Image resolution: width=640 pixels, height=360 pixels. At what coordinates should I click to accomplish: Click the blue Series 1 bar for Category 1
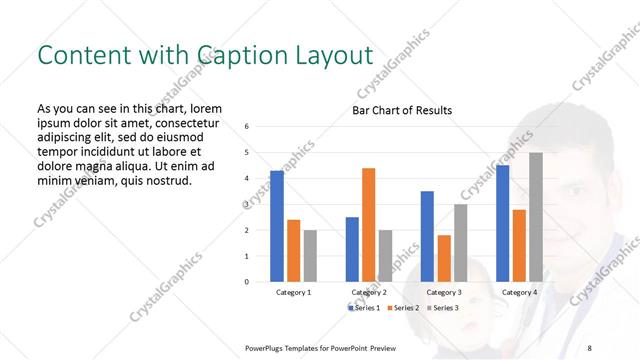click(277, 226)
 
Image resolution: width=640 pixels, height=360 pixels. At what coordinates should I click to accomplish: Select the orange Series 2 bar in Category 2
click(368, 225)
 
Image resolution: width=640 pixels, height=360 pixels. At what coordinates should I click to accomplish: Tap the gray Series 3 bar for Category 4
click(536, 217)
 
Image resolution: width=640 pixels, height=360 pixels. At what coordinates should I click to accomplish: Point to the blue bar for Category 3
click(427, 236)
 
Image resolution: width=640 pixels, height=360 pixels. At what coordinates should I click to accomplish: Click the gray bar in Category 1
click(310, 256)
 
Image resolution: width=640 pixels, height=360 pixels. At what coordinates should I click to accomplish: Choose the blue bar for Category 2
click(352, 249)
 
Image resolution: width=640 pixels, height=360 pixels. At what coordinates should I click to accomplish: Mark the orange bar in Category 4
click(519, 245)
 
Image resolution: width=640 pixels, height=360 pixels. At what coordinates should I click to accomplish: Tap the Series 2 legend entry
click(405, 307)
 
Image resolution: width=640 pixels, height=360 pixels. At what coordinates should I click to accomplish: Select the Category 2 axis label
click(369, 292)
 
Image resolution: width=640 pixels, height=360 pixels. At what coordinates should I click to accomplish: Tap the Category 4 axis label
click(519, 292)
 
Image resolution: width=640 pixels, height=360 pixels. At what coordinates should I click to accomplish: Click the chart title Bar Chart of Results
click(401, 110)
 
